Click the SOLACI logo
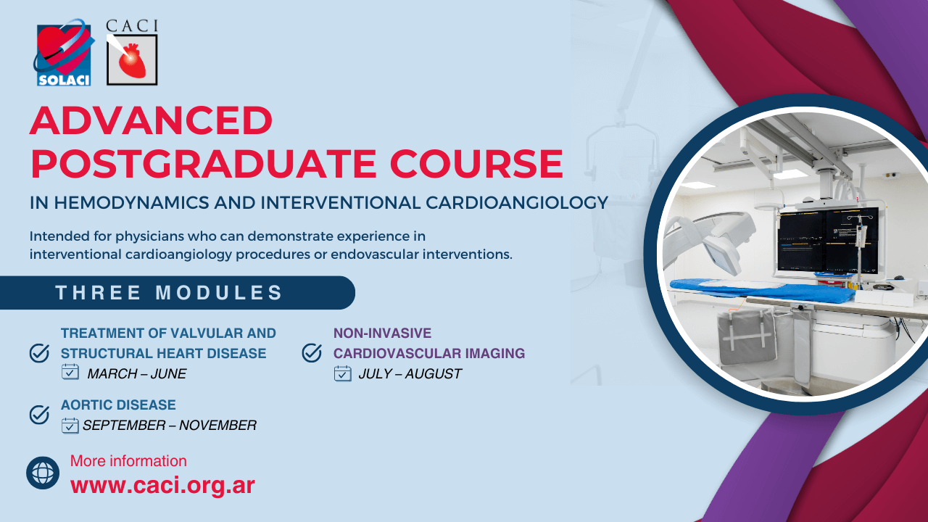[x=63, y=53]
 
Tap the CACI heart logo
[x=132, y=53]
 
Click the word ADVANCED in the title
[x=152, y=120]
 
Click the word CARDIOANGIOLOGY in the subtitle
[x=517, y=203]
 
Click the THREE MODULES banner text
[x=169, y=292]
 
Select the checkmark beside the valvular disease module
[x=39, y=353]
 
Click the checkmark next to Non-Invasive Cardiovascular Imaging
[x=312, y=353]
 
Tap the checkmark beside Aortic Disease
[x=39, y=415]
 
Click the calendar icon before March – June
[x=70, y=372]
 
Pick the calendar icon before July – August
[x=343, y=373]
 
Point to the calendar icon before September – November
[x=70, y=426]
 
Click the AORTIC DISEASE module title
[x=118, y=405]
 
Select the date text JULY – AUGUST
[x=410, y=373]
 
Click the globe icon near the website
[x=43, y=473]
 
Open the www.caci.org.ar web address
[x=162, y=485]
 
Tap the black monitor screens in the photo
[x=827, y=240]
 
